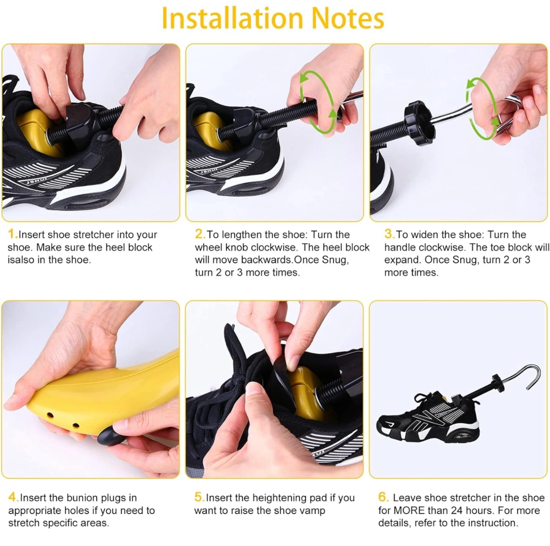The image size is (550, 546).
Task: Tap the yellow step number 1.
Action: pyautogui.click(x=12, y=234)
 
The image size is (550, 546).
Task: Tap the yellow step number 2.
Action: pyautogui.click(x=200, y=234)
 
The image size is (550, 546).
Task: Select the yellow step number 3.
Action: pyautogui.click(x=389, y=234)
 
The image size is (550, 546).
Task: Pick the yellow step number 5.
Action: pyautogui.click(x=199, y=497)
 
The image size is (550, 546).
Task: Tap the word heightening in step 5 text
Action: pyautogui.click(x=290, y=498)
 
